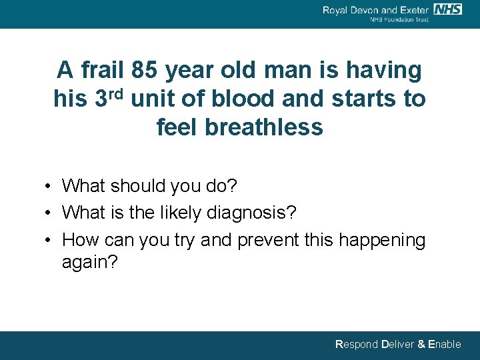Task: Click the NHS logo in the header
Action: (448, 9)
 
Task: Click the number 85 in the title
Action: (145, 69)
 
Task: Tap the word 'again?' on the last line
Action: (89, 262)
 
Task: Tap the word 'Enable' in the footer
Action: (444, 345)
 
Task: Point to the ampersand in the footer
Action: (421, 345)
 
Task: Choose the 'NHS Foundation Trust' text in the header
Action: (399, 20)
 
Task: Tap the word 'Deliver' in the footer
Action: (397, 345)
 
